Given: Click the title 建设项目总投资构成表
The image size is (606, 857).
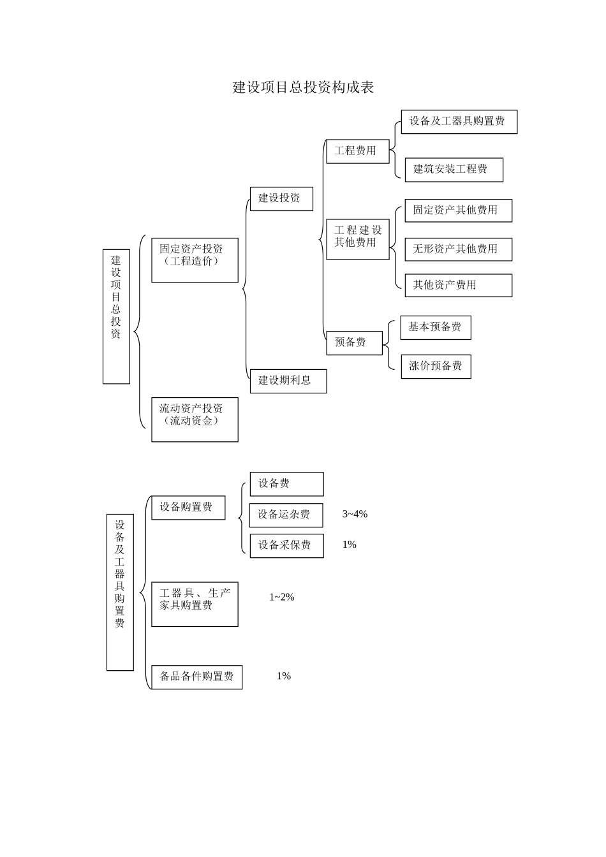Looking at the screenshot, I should point(303,87).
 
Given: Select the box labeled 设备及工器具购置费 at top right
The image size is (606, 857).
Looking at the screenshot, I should point(459,122).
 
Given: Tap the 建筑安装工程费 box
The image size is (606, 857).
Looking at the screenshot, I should point(454,170).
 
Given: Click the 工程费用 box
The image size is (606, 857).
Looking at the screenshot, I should point(357,151).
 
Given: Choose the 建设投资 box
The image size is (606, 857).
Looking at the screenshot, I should point(281,198).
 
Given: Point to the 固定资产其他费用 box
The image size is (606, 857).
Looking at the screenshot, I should point(458,210).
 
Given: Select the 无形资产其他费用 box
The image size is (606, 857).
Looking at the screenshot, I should point(458,249).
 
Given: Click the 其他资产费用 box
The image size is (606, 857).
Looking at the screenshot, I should point(458,286).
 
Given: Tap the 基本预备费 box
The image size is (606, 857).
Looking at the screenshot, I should point(436,328).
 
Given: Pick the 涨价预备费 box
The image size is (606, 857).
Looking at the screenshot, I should point(436,367).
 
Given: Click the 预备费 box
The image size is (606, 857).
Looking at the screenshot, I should point(354,343).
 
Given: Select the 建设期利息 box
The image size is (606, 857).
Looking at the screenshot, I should point(288,381).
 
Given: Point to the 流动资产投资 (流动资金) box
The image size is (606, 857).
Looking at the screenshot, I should point(195,420).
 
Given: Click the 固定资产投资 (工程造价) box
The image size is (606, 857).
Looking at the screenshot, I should point(195,260).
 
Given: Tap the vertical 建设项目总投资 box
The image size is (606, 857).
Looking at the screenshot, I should point(116,316).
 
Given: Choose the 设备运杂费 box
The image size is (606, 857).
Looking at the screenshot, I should point(286,515).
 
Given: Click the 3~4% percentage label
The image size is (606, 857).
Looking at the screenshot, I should point(355,514).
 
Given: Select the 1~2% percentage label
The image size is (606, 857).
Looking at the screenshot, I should point(281,597).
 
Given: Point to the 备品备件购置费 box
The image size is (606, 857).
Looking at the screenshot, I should point(196,677).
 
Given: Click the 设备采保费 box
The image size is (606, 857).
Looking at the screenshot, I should point(286,546).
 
